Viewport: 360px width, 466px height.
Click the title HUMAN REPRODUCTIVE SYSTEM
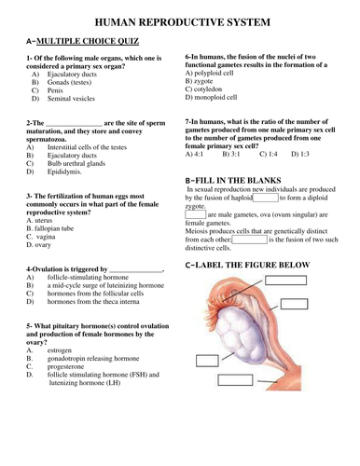pyautogui.click(x=183, y=22)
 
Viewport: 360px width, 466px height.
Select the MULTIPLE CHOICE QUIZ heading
pyautogui.click(x=88, y=41)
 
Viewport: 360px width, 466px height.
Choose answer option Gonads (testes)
pyautogui.click(x=69, y=82)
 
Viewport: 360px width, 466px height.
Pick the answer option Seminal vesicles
pyautogui.click(x=71, y=99)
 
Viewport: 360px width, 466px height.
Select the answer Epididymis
pyautogui.click(x=64, y=171)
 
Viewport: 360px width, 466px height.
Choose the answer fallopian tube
pyautogui.click(x=54, y=228)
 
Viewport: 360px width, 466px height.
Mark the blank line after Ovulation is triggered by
pyautogui.click(x=136, y=271)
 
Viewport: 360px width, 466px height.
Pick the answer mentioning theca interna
pyautogui.click(x=93, y=302)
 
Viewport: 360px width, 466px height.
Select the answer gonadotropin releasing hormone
pyautogui.click(x=93, y=359)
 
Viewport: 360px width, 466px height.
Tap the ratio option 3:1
pyautogui.click(x=231, y=154)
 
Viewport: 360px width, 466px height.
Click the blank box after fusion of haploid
pyautogui.click(x=266, y=198)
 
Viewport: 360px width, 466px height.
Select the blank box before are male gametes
pyautogui.click(x=196, y=214)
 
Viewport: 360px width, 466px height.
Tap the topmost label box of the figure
pyautogui.click(x=285, y=281)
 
